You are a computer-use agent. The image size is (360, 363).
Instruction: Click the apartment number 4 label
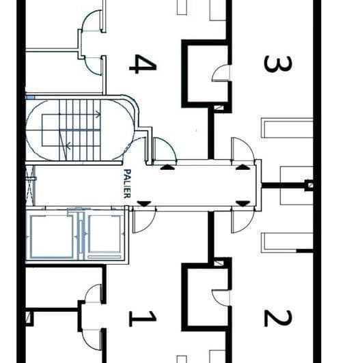click(x=143, y=64)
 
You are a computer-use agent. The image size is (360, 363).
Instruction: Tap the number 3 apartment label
click(x=277, y=64)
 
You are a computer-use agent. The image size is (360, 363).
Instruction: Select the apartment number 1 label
click(x=143, y=317)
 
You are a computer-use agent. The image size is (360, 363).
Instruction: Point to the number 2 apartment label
click(x=277, y=317)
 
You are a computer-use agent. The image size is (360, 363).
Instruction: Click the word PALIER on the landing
click(x=127, y=184)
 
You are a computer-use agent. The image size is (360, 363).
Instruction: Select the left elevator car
click(x=51, y=236)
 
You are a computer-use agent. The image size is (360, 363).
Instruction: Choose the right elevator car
click(x=105, y=236)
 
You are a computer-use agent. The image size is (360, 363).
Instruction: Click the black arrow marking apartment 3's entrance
click(x=242, y=166)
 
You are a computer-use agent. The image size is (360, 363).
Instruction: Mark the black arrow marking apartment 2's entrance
click(x=242, y=203)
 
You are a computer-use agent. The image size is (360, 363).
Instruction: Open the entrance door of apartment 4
click(x=163, y=149)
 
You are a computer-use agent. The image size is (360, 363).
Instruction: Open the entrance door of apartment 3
click(x=241, y=149)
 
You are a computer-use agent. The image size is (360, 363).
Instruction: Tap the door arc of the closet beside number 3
click(x=222, y=73)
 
